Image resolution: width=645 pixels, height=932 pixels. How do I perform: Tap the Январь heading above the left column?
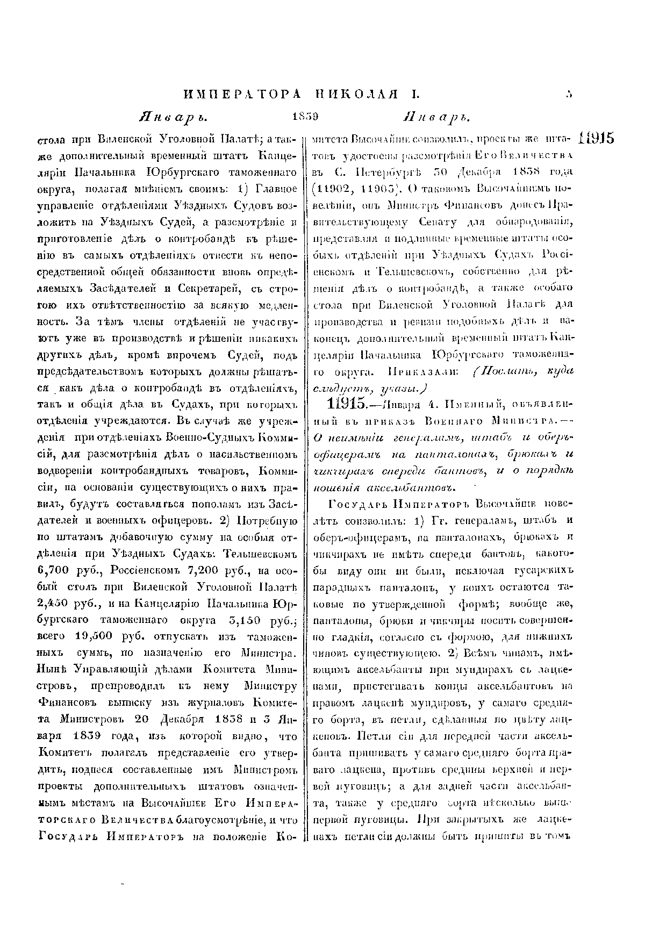(x=171, y=117)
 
